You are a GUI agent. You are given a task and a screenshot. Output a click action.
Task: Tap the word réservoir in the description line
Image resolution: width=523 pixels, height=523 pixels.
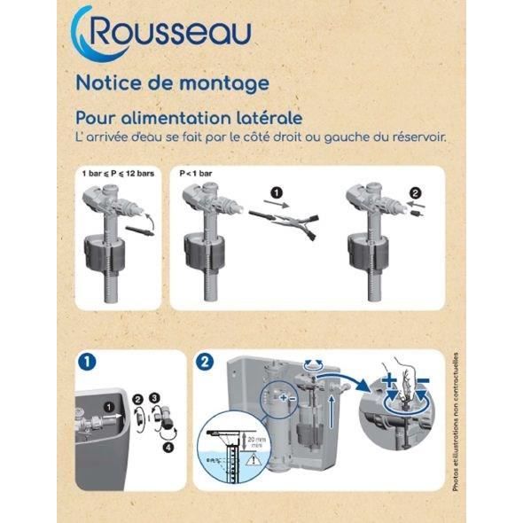pos(414,137)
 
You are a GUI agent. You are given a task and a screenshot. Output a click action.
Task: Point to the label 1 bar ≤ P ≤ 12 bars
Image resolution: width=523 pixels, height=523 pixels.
pos(118,174)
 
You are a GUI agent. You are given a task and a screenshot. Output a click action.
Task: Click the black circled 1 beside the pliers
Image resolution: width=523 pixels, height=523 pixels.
pos(277,191)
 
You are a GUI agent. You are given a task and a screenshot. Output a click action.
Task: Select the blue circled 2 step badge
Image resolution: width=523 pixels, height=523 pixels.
pos(206,362)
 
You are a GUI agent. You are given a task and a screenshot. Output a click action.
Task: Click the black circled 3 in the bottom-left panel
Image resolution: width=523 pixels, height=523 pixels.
pos(154,399)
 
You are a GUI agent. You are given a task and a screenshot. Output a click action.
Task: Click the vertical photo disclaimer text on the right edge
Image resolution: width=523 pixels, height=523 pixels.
pos(457,417)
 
